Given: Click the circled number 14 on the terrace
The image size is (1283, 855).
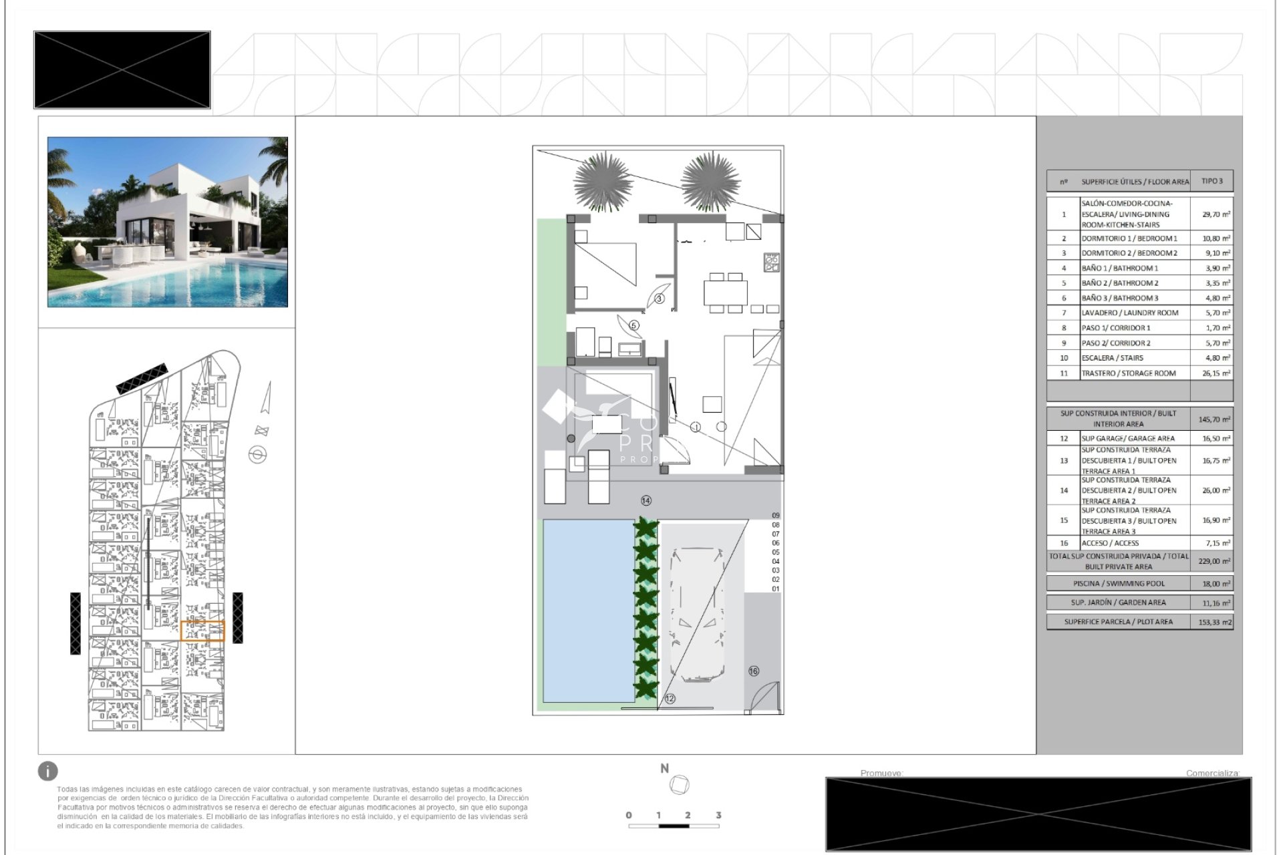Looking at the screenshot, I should [x=646, y=500].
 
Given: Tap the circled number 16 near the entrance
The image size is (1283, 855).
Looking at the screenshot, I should [x=753, y=671].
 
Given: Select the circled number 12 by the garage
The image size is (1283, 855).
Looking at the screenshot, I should [x=670, y=698].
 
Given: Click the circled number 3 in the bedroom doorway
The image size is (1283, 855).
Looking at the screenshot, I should [x=659, y=299].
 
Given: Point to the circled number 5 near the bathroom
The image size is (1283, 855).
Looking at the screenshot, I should [x=633, y=325].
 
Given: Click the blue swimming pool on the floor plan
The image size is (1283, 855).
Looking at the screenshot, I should [x=587, y=610].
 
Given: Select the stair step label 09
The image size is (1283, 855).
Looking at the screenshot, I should [x=775, y=516].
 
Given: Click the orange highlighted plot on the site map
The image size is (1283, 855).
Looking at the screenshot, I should [x=202, y=631].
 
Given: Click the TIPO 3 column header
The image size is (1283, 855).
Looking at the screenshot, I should [x=1211, y=181].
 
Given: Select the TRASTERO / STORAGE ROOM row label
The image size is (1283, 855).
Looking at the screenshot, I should [x=1128, y=373].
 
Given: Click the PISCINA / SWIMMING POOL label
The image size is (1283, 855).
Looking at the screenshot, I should [x=1119, y=583].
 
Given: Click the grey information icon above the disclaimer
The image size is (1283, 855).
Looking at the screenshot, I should [x=48, y=771].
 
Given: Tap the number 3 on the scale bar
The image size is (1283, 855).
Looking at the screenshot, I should [x=718, y=815].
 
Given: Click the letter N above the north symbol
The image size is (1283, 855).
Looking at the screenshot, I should [x=664, y=769].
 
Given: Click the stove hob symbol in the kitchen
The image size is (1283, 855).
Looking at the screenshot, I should [x=771, y=263].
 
